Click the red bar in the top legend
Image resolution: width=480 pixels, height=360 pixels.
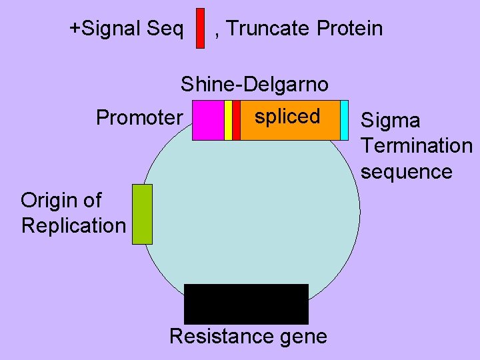[x=200, y=28]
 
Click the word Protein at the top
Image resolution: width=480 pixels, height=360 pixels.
[x=350, y=29]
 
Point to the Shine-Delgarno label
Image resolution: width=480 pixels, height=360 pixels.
[x=254, y=85]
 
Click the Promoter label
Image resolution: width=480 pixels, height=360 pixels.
[x=139, y=118]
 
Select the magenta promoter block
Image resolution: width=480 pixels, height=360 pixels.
[x=208, y=120]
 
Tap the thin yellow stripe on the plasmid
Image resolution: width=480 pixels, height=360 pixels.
[x=228, y=120]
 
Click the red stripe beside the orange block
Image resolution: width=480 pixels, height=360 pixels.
[x=236, y=120]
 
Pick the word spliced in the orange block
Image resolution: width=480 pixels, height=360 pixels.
[x=287, y=116]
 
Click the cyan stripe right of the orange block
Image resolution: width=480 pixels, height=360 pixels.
[x=344, y=120]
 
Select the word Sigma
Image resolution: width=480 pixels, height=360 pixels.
[x=390, y=121]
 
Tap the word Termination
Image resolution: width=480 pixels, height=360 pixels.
[x=416, y=146]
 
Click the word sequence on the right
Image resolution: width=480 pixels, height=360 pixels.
[x=406, y=171]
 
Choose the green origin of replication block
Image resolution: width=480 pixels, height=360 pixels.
[x=142, y=214]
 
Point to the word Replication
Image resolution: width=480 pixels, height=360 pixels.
[x=73, y=225]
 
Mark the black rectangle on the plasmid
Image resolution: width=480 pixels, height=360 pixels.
[x=246, y=304]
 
